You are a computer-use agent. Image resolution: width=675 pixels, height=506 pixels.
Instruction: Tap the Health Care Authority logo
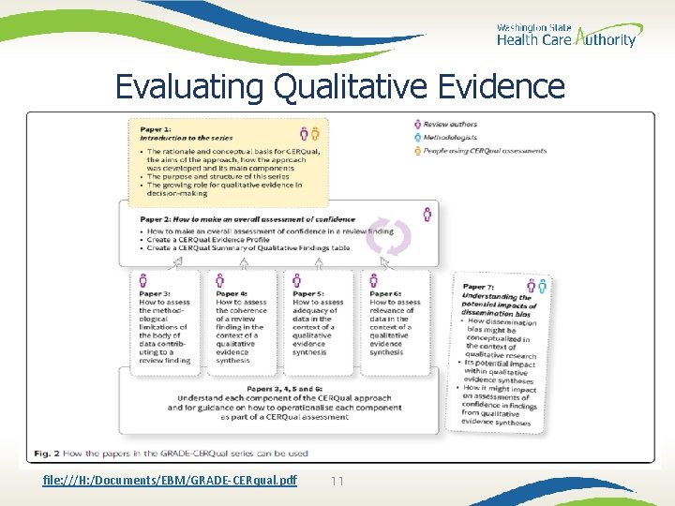[565, 36]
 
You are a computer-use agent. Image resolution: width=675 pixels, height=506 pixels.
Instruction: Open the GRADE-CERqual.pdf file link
[170, 481]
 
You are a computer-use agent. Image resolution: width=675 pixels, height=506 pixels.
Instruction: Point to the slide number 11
[338, 481]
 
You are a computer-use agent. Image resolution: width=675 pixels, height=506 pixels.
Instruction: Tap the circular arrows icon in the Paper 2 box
[388, 237]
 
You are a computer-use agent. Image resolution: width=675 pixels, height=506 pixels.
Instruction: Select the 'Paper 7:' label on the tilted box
[478, 287]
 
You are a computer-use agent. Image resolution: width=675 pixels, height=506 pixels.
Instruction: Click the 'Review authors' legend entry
[450, 125]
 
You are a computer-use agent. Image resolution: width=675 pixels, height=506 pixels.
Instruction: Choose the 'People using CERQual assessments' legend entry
[484, 150]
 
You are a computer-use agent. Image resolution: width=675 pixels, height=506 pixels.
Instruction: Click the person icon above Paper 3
[143, 280]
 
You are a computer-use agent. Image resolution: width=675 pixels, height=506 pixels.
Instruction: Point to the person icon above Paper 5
[297, 280]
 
